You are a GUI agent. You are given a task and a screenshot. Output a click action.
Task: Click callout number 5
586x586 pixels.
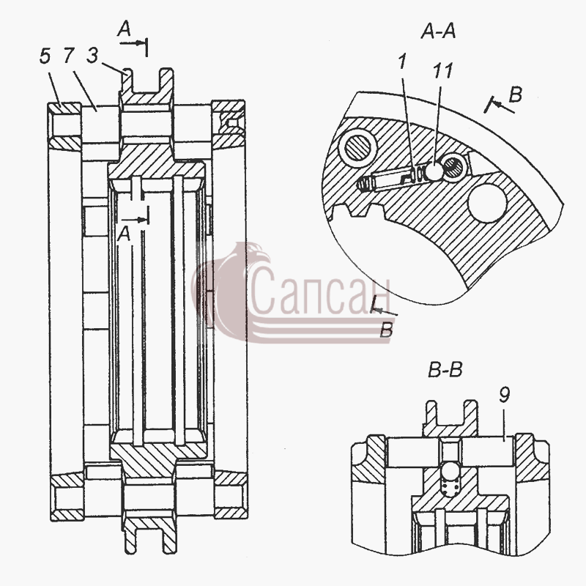coord(45,56)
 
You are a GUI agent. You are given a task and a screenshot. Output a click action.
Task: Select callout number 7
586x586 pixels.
coord(68,56)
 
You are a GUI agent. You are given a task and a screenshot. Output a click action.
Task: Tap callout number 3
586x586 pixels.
coord(92,56)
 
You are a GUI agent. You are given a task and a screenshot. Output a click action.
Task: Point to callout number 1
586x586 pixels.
coord(402,62)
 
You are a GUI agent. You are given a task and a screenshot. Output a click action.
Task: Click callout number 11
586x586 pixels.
coord(443,70)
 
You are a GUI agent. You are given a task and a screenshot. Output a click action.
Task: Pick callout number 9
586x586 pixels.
coord(504,395)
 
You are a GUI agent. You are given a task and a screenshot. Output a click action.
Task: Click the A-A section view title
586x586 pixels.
coord(438,31)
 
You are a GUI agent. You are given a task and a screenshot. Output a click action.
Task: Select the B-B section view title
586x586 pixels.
coord(445,371)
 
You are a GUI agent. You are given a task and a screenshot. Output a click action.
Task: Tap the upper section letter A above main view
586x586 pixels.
coord(125,29)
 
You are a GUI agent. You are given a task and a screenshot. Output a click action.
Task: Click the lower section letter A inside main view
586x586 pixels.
coord(124,234)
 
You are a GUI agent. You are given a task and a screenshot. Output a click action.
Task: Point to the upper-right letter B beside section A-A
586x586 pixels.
coord(516,94)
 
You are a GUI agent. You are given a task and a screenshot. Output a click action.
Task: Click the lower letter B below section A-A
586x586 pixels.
coord(387,330)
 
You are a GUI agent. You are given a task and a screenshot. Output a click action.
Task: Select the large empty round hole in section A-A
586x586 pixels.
coord(487,204)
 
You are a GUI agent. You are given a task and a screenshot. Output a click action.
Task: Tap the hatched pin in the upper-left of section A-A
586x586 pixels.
coord(356,146)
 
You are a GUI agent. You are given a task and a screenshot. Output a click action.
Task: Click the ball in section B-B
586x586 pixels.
coord(450,469)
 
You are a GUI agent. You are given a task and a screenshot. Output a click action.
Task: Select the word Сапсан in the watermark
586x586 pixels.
coord(319,292)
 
